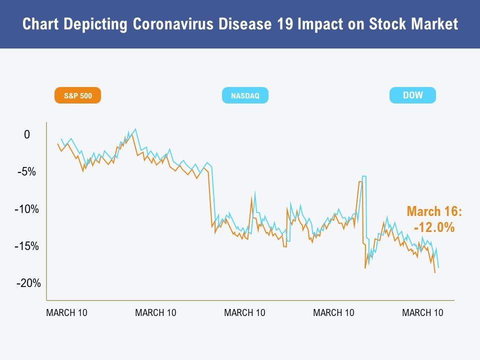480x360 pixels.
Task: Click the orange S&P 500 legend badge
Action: (77, 95)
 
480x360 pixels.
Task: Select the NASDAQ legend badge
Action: (245, 95)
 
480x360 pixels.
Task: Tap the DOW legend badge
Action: (412, 95)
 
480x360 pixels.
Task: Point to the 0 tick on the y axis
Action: (27, 135)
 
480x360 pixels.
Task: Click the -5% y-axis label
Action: (26, 172)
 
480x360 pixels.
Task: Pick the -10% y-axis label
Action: (26, 209)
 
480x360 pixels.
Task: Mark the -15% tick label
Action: (26, 246)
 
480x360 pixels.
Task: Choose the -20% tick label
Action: (28, 283)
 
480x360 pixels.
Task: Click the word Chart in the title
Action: (38, 24)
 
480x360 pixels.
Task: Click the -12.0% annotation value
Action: (434, 227)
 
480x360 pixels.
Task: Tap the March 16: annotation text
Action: (434, 211)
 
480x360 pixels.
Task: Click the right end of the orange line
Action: (435, 272)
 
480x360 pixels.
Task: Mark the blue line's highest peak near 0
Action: (135, 129)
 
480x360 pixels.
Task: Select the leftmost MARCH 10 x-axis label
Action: (66, 313)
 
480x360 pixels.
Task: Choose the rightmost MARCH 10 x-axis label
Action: (422, 313)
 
